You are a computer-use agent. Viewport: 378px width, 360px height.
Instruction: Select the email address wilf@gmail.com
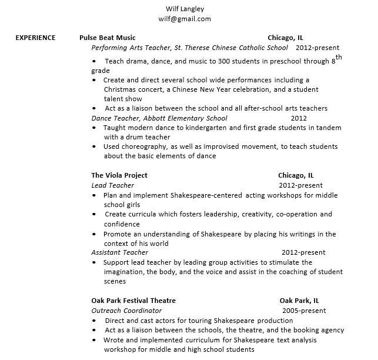185,19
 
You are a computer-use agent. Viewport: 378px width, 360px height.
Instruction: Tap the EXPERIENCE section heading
35,38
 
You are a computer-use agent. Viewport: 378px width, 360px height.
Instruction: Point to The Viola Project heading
119,175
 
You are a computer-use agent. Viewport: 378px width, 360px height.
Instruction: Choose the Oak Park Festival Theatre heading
133,301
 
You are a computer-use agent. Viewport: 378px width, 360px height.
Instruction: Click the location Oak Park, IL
299,301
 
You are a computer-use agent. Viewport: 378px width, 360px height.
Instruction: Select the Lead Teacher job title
113,185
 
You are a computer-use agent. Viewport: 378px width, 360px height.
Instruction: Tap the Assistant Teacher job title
119,252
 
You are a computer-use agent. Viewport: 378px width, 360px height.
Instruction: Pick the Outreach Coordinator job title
126,311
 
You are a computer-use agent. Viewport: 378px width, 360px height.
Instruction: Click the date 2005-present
303,311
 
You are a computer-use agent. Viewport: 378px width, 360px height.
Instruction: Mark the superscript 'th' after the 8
339,58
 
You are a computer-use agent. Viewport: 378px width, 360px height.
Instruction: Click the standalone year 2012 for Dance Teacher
299,118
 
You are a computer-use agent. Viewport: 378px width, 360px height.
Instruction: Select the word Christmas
121,89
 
